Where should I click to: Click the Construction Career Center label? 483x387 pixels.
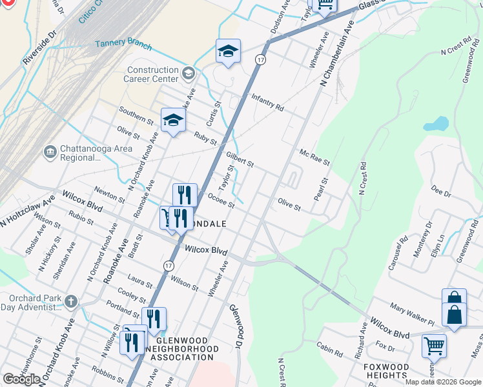point(152,74)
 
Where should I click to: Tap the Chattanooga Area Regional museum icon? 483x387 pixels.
point(50,153)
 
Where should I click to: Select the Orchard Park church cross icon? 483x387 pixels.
point(71,301)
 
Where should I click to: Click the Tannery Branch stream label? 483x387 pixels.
point(123,45)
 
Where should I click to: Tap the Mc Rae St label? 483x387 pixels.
point(314,157)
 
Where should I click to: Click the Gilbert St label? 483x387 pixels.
point(240,159)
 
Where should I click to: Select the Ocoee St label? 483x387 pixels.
point(221,201)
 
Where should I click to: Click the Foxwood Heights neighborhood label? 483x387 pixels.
point(386,372)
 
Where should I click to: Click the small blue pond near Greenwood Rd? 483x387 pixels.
point(437,123)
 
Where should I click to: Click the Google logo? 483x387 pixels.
point(21,379)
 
